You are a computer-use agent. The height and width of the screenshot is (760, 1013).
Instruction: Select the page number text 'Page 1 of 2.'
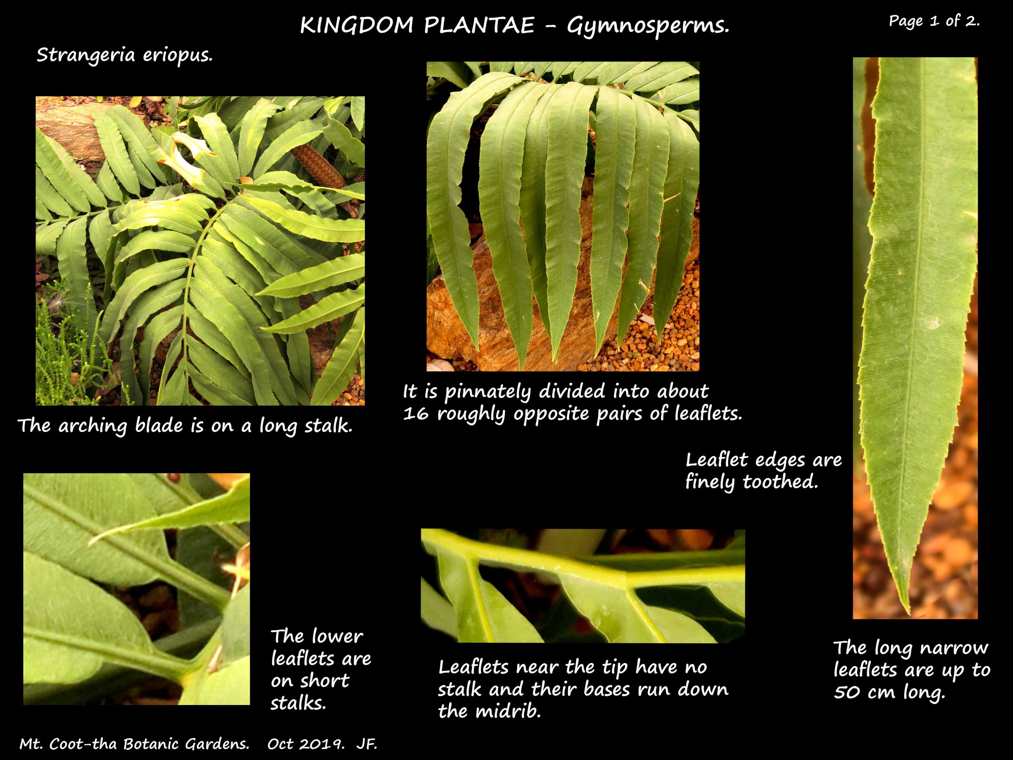click(x=934, y=21)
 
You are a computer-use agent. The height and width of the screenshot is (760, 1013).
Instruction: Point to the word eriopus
click(x=178, y=56)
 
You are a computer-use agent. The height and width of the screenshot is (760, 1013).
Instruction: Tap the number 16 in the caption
click(x=416, y=414)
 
